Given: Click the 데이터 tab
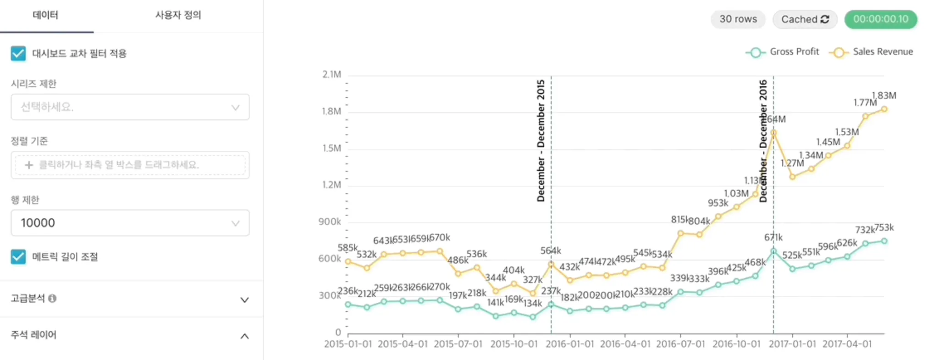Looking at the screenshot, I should click(45, 15).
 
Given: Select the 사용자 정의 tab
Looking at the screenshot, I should click(178, 15).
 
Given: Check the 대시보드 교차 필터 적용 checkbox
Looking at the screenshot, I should click(18, 54).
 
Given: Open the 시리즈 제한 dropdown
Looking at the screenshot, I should click(130, 107).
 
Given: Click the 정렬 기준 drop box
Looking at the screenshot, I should click(130, 165).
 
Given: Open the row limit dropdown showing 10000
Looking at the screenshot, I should click(130, 223).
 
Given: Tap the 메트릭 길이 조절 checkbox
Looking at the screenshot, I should click(18, 257).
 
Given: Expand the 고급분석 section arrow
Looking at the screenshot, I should click(244, 300).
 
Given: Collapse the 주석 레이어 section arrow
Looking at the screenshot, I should click(244, 336).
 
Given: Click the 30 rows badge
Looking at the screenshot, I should click(738, 19).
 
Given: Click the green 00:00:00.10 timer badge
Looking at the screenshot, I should click(880, 19).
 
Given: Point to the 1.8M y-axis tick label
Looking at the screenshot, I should click(331, 111).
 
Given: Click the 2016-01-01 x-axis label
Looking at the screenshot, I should click(569, 344).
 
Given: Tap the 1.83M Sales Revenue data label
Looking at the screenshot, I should click(884, 95).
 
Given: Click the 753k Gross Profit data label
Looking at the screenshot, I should click(884, 228).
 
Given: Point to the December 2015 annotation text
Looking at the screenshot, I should click(541, 141).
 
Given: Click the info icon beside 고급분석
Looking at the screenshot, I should click(52, 299).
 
